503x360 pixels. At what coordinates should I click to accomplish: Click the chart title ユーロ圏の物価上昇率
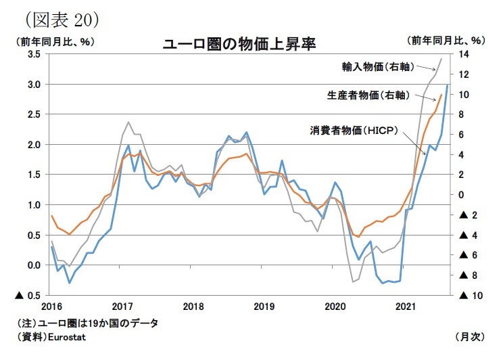(x=239, y=45)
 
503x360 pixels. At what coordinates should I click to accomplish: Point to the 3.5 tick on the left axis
(x=34, y=54)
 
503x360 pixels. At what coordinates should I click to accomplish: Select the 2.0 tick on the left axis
(x=34, y=144)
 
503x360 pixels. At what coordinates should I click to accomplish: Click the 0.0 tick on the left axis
(x=34, y=265)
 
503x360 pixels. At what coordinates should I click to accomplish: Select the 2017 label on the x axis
(x=122, y=305)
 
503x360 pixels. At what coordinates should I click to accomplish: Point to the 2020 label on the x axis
(x=335, y=305)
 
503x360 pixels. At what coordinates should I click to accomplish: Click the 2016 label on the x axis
(x=51, y=305)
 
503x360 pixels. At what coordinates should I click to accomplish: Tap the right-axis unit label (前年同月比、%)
(x=447, y=41)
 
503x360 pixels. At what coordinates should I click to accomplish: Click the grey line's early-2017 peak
(x=128, y=122)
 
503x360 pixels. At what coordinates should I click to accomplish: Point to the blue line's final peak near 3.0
(x=447, y=85)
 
